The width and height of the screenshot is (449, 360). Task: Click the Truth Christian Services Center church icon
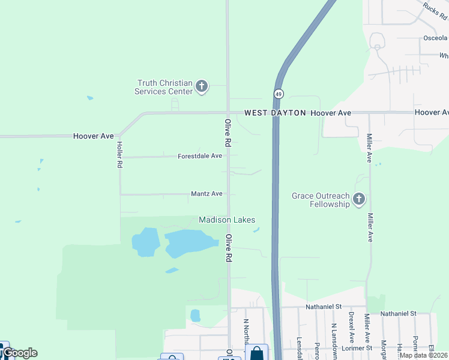point(202,87)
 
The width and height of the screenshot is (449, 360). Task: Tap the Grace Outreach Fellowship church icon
point(359,199)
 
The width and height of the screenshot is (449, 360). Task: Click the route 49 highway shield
point(279,94)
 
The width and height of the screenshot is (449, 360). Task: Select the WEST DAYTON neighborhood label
point(275,113)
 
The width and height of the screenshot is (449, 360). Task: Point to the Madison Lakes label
point(227,220)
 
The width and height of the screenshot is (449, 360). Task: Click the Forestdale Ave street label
point(200,156)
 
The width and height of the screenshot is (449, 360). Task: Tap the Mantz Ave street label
point(206,194)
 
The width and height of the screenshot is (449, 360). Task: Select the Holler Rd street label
point(120,154)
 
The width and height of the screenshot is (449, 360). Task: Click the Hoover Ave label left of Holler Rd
point(93,136)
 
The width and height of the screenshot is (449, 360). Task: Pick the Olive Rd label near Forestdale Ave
point(228,133)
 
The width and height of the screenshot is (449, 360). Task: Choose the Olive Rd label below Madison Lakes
point(229,248)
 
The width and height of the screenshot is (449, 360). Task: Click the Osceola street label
point(435,38)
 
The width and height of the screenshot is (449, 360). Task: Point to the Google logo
point(20,353)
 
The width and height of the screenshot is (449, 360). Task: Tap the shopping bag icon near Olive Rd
point(257,353)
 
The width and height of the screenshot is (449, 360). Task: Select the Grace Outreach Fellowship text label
point(321,200)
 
